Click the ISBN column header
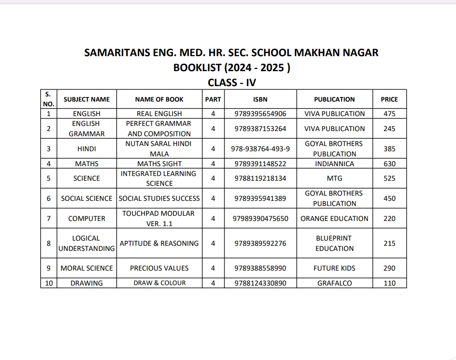point(260,99)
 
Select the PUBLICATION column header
point(334,99)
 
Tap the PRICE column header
point(389,99)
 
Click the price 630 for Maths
point(389,164)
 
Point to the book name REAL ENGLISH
point(159,114)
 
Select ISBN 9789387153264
point(260,129)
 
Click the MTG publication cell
point(334,178)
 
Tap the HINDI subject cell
point(87,149)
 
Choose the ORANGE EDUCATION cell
point(334,219)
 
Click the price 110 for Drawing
point(389,283)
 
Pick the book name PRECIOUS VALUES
point(159,268)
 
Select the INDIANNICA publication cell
point(334,164)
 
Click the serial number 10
point(49,283)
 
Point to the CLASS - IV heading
point(232,83)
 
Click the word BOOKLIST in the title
point(196,68)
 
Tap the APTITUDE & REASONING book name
point(159,243)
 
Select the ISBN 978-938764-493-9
point(260,149)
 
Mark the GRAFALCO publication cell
point(334,283)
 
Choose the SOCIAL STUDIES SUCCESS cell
point(159,198)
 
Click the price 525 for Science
point(389,178)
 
